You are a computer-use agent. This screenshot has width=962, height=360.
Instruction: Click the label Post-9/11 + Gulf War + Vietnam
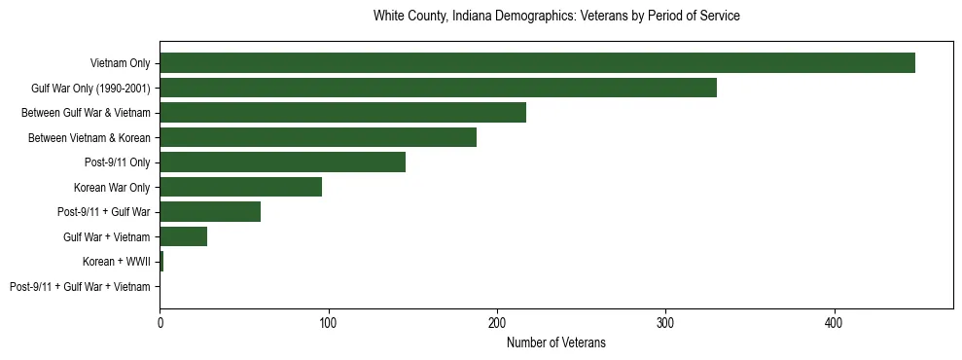pos(80,287)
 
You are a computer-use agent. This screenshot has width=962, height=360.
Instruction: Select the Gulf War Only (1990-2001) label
pos(90,88)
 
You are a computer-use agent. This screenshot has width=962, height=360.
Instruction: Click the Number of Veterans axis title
pos(556,342)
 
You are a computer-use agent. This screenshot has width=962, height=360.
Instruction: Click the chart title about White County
pos(556,17)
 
